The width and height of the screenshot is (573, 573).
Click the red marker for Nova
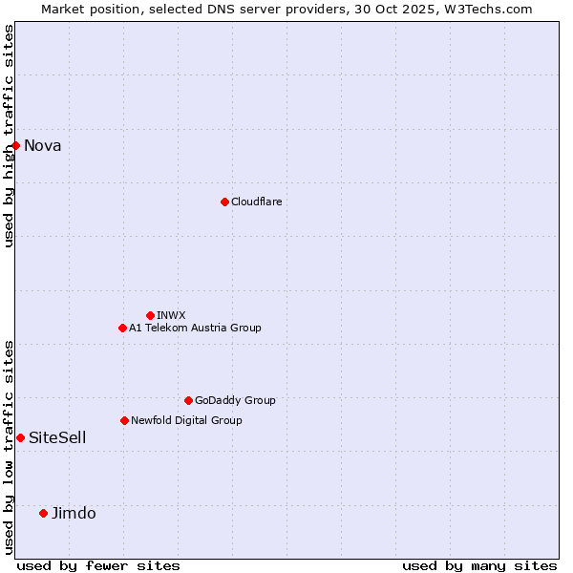tap(16, 145)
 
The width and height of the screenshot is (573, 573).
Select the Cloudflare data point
tap(224, 202)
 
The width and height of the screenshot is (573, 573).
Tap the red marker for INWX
tap(150, 315)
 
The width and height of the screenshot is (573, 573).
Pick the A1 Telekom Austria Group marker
tap(122, 328)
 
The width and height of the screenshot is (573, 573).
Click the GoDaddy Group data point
tap(188, 400)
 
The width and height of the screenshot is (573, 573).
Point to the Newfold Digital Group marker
tap(124, 420)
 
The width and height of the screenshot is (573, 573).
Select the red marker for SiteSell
tap(20, 437)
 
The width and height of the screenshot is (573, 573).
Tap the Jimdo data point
tap(43, 513)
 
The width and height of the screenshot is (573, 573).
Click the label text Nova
tap(43, 145)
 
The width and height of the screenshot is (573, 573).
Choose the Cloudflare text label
tap(256, 202)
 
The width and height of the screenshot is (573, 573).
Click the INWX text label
tap(171, 315)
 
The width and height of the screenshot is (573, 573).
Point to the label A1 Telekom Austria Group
tap(195, 328)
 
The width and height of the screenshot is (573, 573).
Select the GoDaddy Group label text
tap(235, 400)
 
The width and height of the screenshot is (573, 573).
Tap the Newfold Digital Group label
tap(186, 420)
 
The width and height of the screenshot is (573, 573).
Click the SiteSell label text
tap(57, 437)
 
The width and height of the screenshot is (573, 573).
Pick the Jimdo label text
tap(74, 513)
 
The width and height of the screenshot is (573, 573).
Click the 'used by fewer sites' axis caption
tap(98, 565)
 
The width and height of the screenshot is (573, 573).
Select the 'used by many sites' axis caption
tap(478, 565)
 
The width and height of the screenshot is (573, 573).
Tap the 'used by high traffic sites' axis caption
tap(9, 136)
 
